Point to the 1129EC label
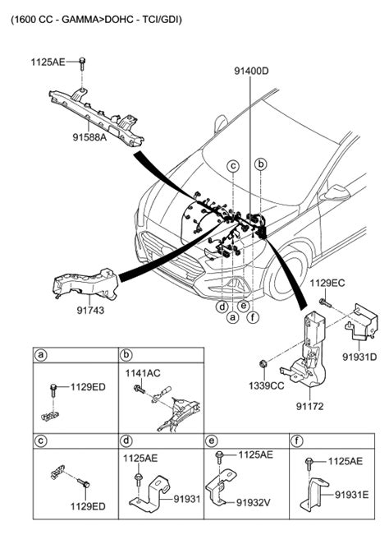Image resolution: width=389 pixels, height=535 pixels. coord(326,283)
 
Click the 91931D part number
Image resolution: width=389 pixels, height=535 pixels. coord(359,357)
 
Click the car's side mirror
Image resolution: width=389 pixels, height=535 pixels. coord(336,195)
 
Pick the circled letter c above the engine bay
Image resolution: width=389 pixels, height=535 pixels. coord(233,166)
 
